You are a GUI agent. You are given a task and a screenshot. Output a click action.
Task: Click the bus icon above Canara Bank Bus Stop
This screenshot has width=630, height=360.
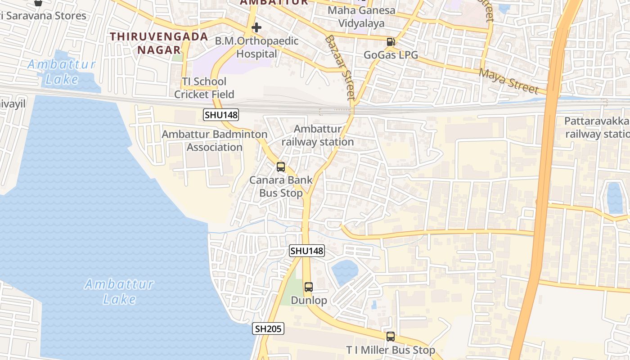pyautogui.click(x=281, y=167)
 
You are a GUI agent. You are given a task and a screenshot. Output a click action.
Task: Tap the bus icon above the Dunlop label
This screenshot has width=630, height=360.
pyautogui.click(x=309, y=287)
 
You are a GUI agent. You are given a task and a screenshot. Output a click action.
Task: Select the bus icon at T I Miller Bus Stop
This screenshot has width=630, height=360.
pyautogui.click(x=391, y=337)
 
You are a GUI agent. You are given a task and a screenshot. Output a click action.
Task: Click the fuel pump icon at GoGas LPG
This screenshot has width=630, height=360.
pyautogui.click(x=391, y=42)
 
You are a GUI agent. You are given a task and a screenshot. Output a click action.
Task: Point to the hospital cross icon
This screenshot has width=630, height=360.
pyautogui.click(x=256, y=27)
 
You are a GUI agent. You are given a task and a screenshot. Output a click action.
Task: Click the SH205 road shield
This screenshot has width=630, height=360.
pyautogui.click(x=268, y=329)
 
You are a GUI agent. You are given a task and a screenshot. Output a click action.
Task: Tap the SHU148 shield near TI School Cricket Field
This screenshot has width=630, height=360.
pyautogui.click(x=221, y=115)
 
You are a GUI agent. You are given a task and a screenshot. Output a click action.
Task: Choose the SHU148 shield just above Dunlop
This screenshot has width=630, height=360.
pyautogui.click(x=306, y=251)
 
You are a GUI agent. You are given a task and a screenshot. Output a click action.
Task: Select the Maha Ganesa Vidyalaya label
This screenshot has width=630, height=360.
pyautogui.click(x=361, y=17)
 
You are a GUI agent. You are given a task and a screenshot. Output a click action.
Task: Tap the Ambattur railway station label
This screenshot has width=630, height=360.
pyautogui.click(x=318, y=135)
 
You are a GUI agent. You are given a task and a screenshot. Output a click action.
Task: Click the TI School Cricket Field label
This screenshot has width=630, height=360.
pyautogui.click(x=204, y=88)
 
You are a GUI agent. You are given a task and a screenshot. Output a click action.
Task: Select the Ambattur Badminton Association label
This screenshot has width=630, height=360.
pyautogui.click(x=215, y=140)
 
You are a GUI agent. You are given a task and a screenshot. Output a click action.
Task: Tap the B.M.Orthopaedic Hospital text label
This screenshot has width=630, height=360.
pyautogui.click(x=256, y=47)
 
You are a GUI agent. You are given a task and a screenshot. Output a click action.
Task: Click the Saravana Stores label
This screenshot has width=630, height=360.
pyautogui.click(x=45, y=16)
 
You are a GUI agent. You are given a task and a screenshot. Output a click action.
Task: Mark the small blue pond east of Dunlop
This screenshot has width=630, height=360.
pyautogui.click(x=345, y=272)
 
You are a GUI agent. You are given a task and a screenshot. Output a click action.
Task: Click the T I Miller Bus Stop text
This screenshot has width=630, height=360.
pyautogui.click(x=391, y=350)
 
